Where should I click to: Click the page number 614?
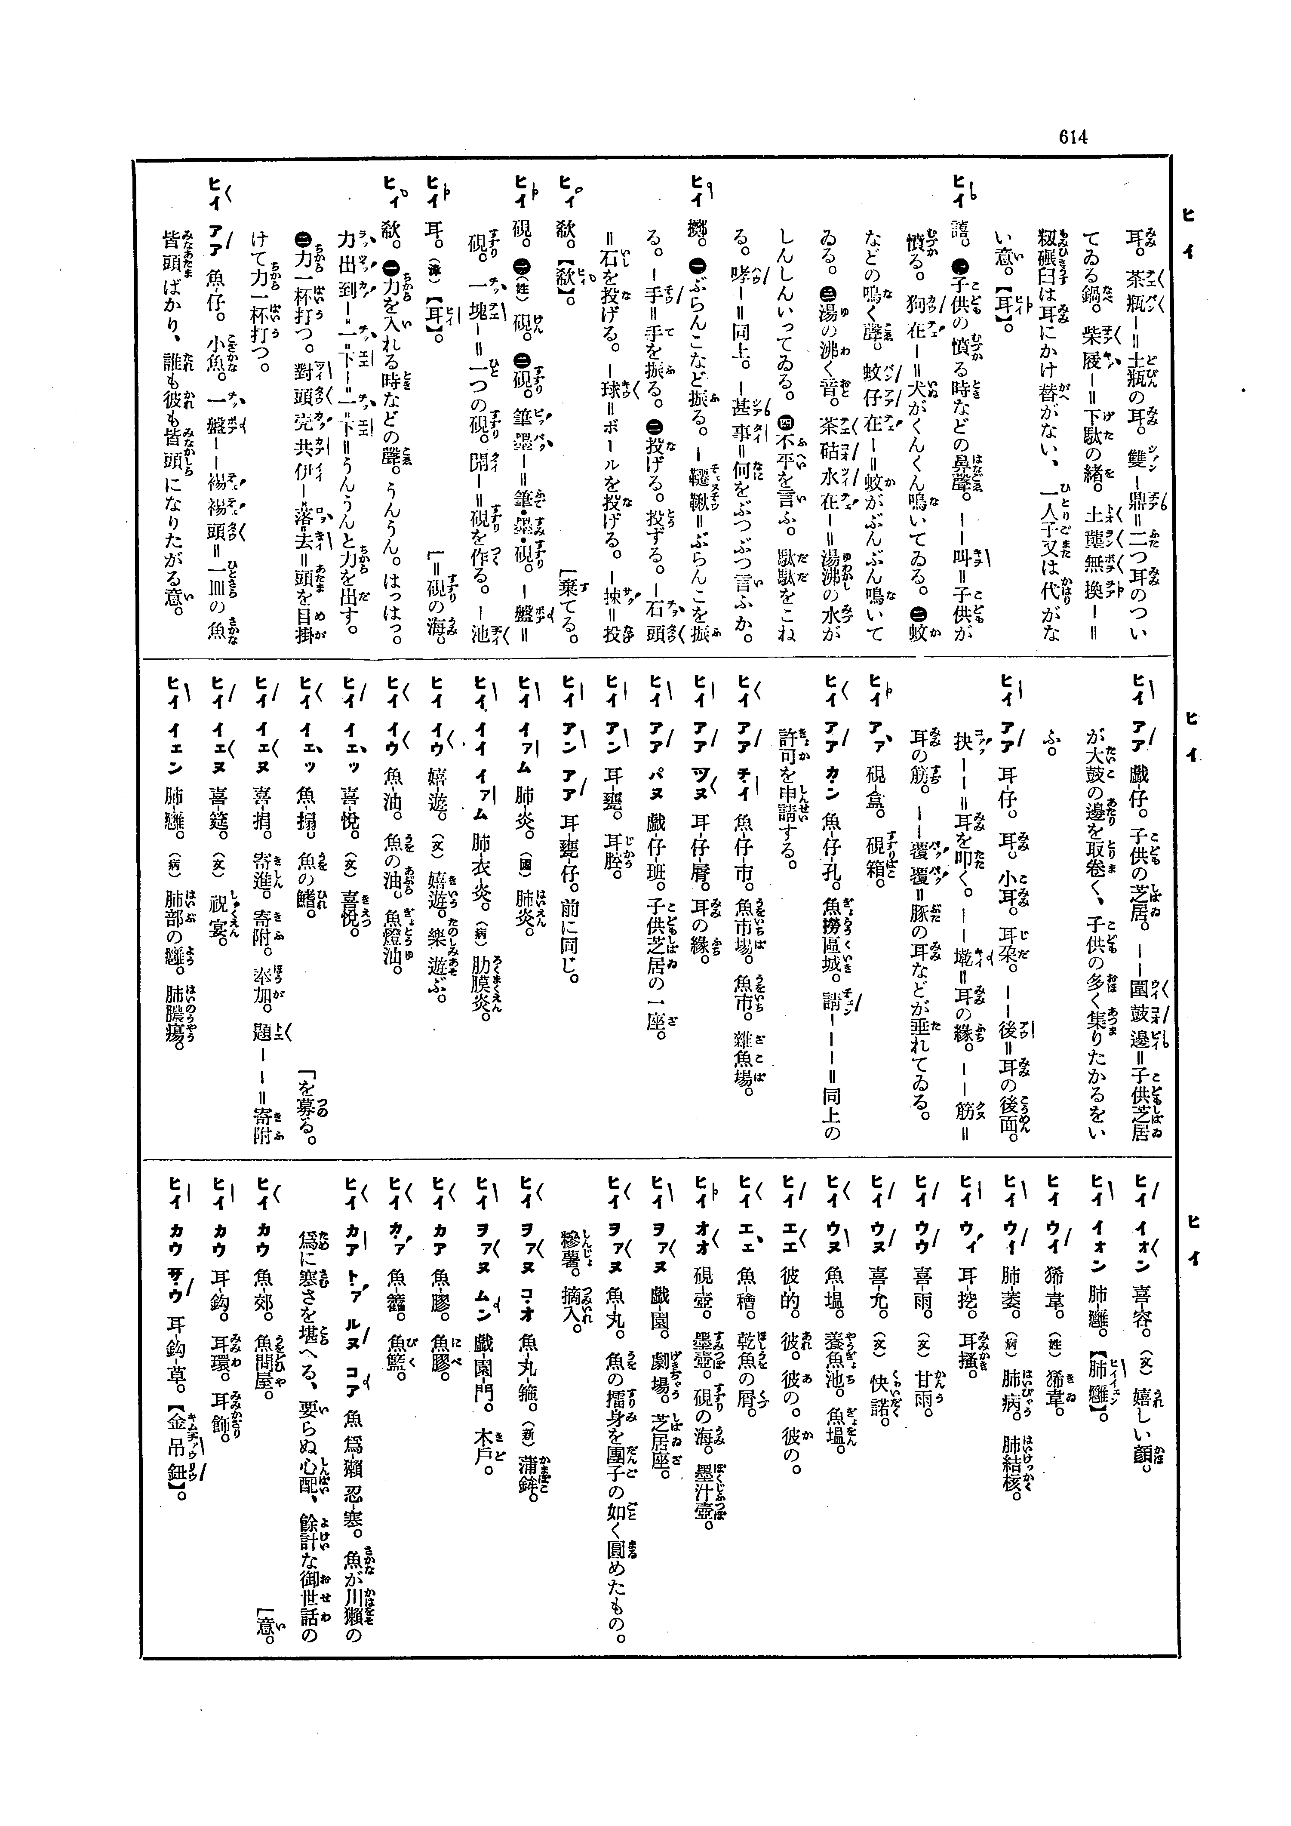pos(1072,137)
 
